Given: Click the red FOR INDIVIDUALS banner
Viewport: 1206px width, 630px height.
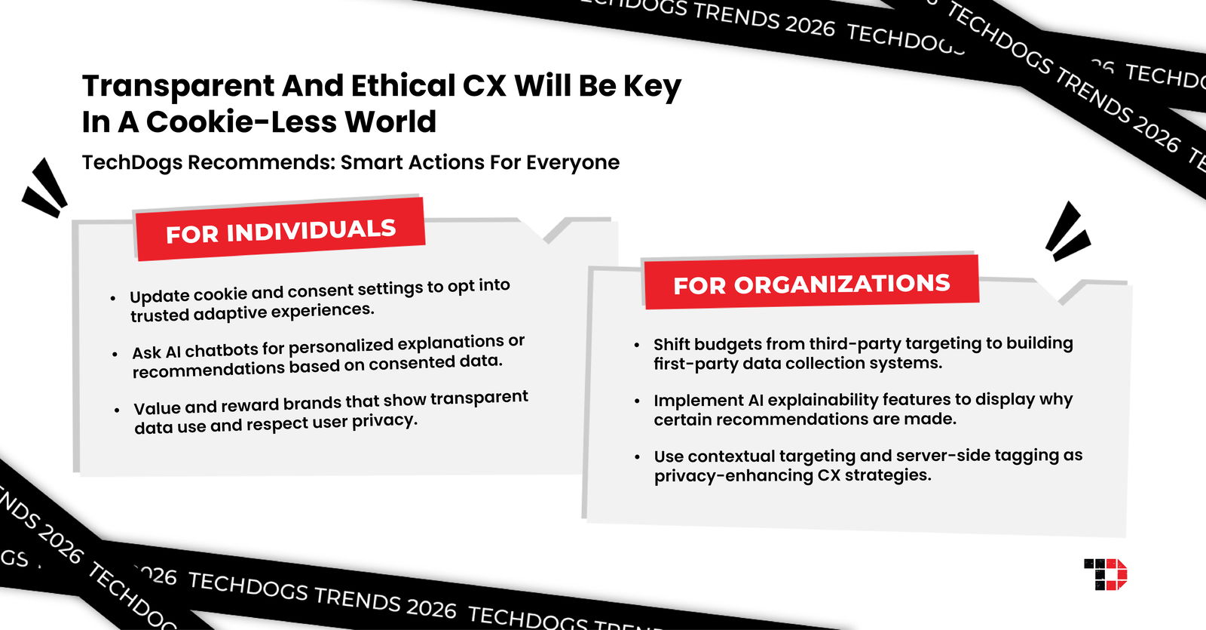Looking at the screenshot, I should click(280, 230).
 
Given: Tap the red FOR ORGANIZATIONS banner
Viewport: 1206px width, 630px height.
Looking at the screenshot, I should click(811, 284).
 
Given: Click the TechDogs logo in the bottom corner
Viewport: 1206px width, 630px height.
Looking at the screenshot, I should click(1106, 574).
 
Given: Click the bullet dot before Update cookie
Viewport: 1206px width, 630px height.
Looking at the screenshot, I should click(113, 299).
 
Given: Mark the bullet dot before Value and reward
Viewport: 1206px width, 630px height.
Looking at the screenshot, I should click(117, 410).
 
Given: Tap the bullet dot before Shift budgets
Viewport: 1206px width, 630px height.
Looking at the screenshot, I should click(637, 345).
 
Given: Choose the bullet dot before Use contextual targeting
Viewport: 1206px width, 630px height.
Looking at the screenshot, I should click(638, 457).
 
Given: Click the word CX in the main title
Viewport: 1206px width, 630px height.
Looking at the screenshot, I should click(484, 87).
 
